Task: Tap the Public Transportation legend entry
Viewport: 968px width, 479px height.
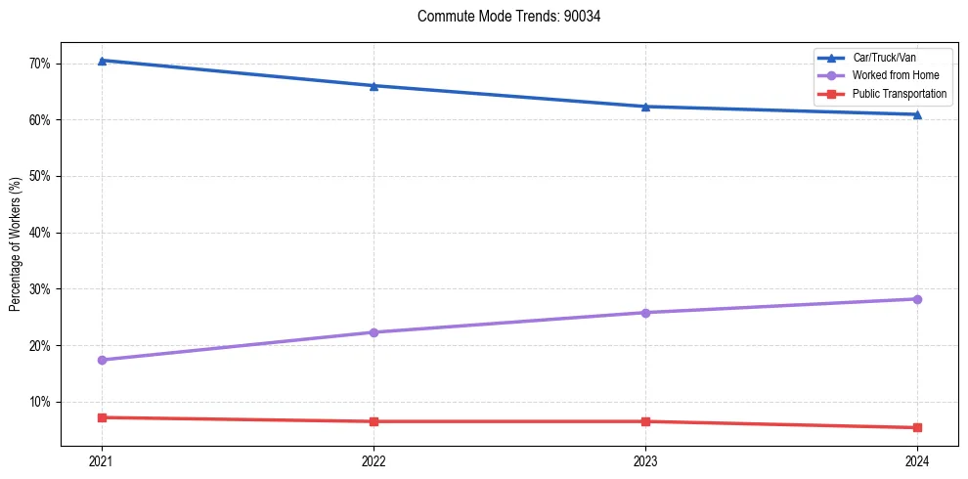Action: click(x=899, y=94)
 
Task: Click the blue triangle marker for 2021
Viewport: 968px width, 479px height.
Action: click(x=102, y=61)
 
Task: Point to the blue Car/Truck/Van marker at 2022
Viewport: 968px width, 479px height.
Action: click(x=374, y=86)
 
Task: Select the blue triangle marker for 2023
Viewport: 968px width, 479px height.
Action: click(x=645, y=107)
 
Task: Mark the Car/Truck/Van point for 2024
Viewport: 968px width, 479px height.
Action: click(x=917, y=114)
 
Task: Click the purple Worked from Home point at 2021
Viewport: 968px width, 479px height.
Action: click(x=102, y=360)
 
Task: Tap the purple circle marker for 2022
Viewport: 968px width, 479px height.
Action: click(x=374, y=332)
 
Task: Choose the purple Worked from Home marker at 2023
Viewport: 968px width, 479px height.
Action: click(x=645, y=313)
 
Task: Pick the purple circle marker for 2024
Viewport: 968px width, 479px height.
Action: click(x=917, y=299)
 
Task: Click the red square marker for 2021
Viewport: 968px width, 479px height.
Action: click(x=102, y=417)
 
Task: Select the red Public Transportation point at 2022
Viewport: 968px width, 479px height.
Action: click(x=374, y=421)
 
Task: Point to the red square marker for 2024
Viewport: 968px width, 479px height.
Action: click(x=917, y=427)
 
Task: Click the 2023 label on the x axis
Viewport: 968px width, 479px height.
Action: click(x=645, y=461)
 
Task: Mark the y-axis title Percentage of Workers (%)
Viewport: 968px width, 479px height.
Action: click(x=15, y=244)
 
